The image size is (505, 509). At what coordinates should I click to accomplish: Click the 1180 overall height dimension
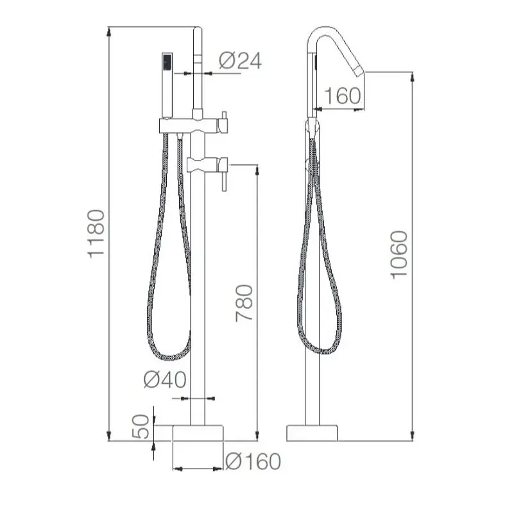(x=96, y=234)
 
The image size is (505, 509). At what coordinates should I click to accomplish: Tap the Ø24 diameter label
(x=240, y=61)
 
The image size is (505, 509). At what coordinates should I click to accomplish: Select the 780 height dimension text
(x=244, y=303)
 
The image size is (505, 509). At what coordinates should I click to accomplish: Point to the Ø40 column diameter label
(x=165, y=379)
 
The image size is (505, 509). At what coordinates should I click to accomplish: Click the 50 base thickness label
(x=141, y=426)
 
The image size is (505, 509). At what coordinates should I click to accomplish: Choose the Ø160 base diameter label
(x=253, y=462)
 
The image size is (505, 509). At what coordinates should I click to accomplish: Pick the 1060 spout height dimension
(x=398, y=255)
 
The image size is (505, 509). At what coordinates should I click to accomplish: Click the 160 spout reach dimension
(x=343, y=96)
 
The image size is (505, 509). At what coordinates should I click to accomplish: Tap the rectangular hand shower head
(x=167, y=85)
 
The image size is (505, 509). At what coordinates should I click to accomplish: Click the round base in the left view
(x=198, y=433)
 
